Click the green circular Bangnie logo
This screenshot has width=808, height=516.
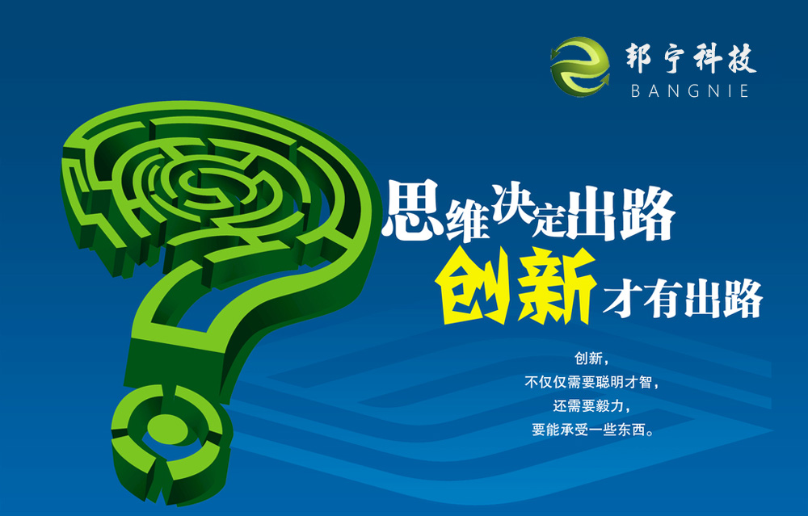[x=580, y=67]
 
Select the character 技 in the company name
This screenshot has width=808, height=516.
[x=740, y=58]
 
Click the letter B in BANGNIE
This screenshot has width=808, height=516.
[x=636, y=91]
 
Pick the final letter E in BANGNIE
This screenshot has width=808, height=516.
[x=743, y=91]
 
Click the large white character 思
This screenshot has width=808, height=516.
[x=411, y=210]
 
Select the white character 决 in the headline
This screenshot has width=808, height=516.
[x=512, y=204]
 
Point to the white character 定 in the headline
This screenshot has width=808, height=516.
[x=549, y=219]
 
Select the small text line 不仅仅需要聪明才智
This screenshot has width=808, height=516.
[x=591, y=382]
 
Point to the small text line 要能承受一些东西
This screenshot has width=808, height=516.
[x=592, y=430]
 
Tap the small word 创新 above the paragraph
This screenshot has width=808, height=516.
[x=588, y=359]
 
